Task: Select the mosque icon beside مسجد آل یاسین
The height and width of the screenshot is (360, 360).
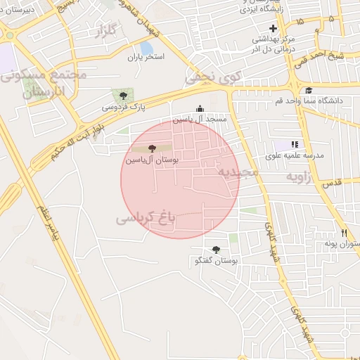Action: coord(200,108)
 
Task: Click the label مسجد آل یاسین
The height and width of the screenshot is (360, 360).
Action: coord(202,119)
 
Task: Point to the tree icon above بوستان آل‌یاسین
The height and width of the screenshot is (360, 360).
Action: coord(153,148)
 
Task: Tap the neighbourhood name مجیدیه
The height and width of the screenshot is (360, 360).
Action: coord(238,172)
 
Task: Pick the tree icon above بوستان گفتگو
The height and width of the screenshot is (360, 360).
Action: coord(216,250)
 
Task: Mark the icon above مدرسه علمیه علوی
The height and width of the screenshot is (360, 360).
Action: coord(294,144)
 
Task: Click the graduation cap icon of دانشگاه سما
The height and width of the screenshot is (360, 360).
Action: coord(309,90)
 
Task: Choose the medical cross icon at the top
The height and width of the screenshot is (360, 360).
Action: coord(273,28)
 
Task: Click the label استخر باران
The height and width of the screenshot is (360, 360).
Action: coord(146,58)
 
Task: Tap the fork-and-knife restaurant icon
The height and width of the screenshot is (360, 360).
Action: coord(344,233)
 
